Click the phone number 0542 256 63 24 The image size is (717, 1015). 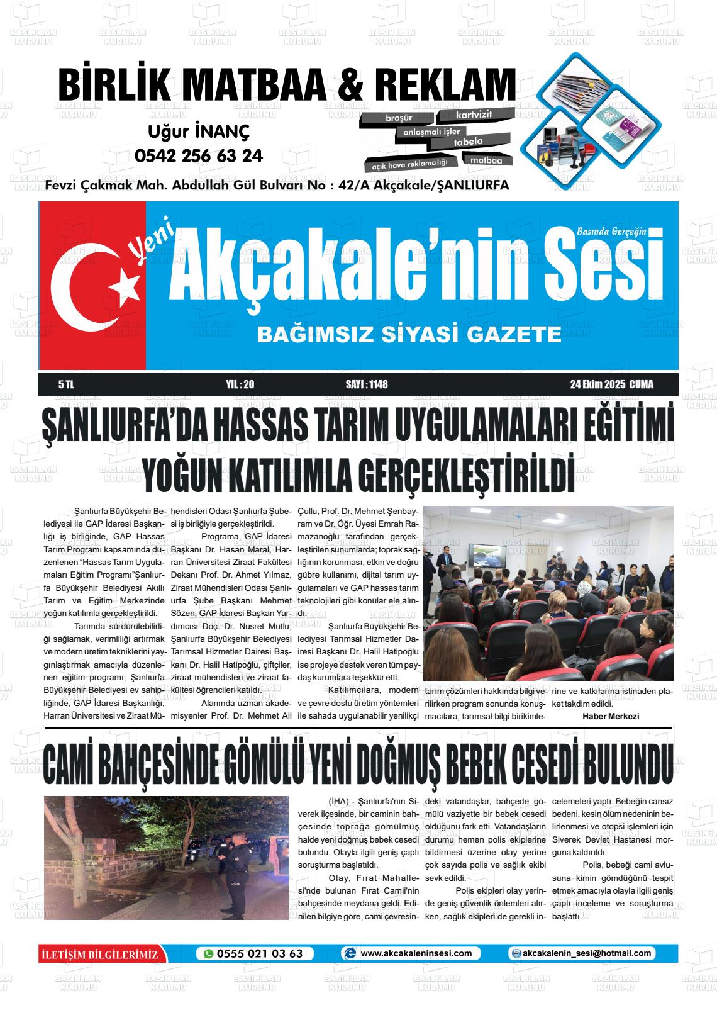click(199, 155)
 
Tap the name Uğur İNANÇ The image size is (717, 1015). click(199, 132)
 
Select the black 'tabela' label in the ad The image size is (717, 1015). click(469, 142)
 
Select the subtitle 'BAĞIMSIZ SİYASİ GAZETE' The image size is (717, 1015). click(409, 335)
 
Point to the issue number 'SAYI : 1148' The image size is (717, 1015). click(367, 384)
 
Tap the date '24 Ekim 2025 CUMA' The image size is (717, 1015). click(607, 384)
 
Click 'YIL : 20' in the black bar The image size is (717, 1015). click(239, 384)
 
